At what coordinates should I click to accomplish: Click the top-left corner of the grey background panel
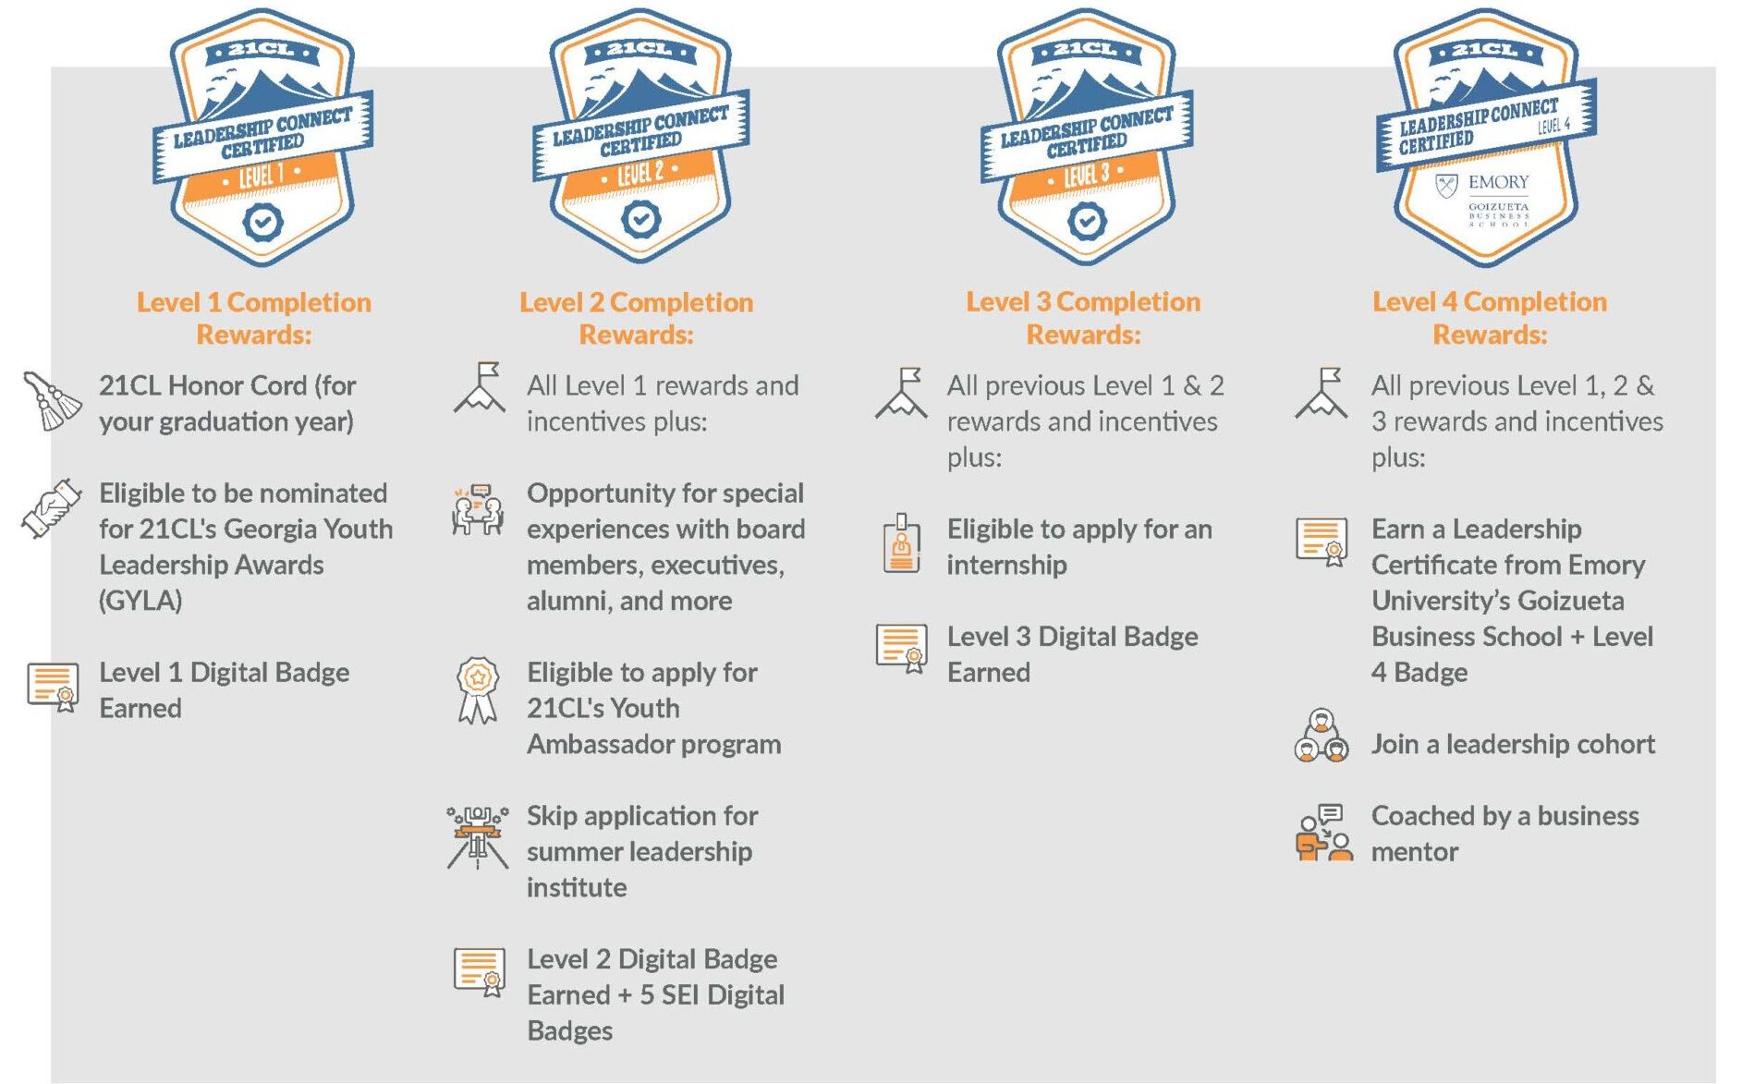pos(51,67)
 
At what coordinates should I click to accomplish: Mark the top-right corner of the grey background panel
pos(1716,67)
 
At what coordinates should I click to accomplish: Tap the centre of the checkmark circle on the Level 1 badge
pos(262,222)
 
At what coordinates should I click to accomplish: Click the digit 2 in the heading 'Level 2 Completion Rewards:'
pos(596,302)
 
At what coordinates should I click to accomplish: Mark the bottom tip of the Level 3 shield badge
pos(1087,265)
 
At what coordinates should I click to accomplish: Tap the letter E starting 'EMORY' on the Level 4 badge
pos(1475,182)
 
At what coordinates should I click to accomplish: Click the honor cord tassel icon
pos(52,400)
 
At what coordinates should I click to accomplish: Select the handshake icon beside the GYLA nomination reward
pos(52,508)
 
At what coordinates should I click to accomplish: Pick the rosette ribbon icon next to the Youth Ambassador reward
pos(478,689)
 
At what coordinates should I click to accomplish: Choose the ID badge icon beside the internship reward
pos(901,543)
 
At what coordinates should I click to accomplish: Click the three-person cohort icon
pos(1322,736)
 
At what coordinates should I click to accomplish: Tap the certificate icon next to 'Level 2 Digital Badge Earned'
pos(480,972)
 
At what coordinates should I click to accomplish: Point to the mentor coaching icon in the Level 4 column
pos(1323,832)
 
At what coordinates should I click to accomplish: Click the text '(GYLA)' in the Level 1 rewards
pos(140,601)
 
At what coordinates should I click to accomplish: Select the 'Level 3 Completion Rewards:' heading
pos(1083,318)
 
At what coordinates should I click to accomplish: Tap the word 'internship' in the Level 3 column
pos(1006,565)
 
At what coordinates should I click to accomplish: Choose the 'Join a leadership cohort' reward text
pos(1513,744)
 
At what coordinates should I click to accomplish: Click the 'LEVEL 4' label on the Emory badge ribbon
pos(1553,125)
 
